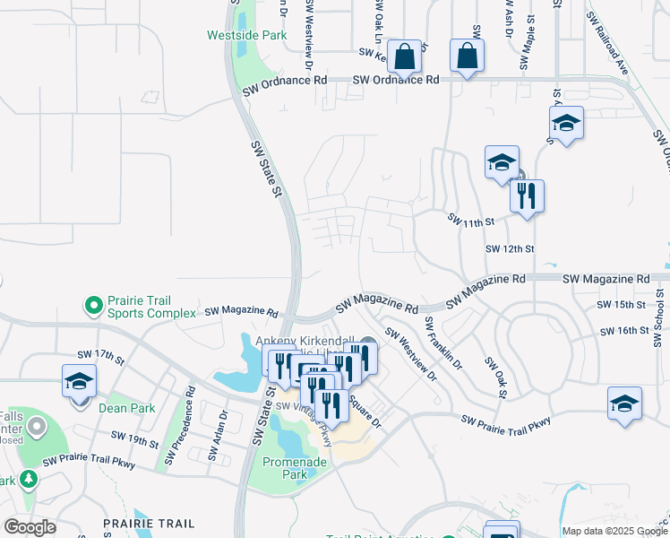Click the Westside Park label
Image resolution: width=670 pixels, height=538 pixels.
(246, 36)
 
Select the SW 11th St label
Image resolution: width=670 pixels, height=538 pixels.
(470, 221)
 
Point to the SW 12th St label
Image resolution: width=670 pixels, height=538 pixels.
(510, 248)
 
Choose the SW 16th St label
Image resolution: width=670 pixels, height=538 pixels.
(625, 331)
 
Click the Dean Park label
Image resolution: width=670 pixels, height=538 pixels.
(126, 408)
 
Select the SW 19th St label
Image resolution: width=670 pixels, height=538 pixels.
(135, 439)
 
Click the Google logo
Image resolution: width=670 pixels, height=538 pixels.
(30, 527)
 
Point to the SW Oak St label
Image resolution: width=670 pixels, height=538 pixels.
(495, 377)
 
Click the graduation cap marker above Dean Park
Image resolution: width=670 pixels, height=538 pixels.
(79, 380)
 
